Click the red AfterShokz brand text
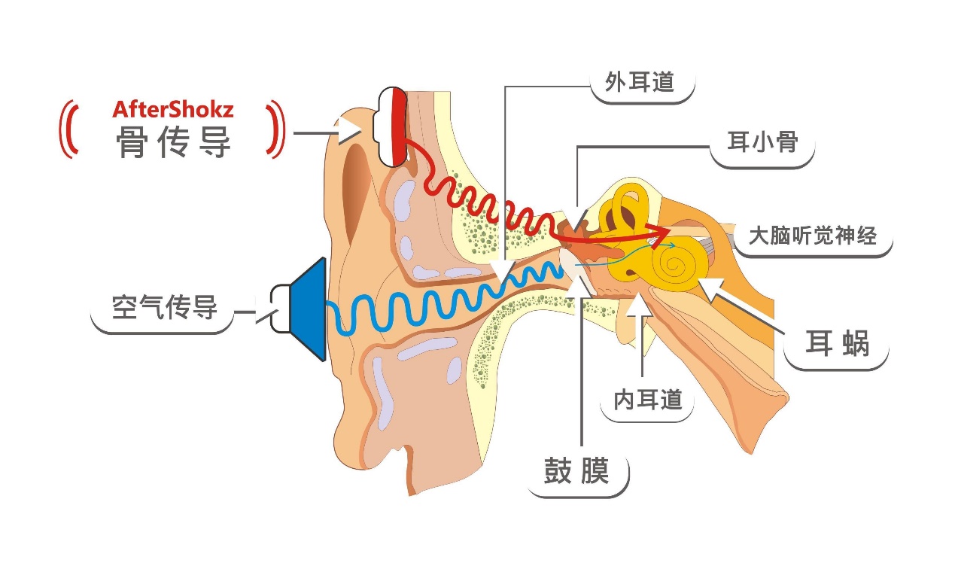(173, 109)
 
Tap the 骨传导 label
(173, 142)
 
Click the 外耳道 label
(640, 82)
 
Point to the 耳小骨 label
(762, 142)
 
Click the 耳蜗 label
(837, 344)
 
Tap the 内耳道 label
(648, 400)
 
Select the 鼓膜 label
(576, 472)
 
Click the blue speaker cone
(309, 309)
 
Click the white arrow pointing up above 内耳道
(641, 306)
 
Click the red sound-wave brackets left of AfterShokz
(69, 129)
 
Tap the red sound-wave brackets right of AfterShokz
(275, 129)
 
